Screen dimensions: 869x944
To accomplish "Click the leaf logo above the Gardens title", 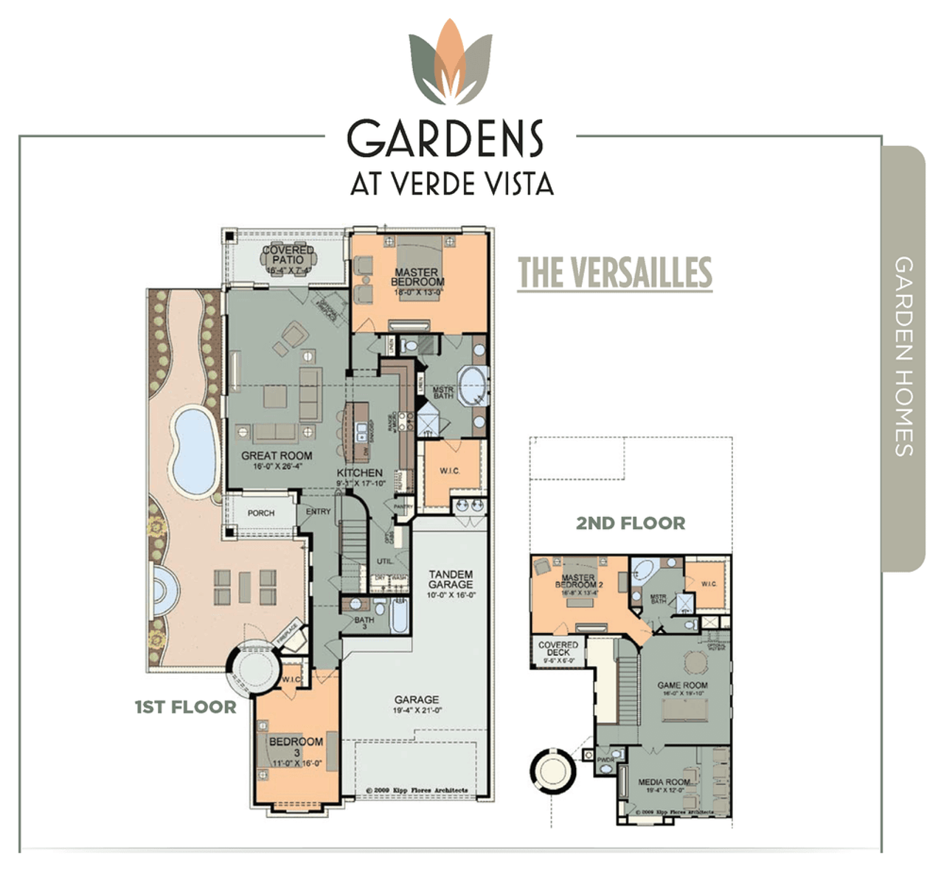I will point(450,63).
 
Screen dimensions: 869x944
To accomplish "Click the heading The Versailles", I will point(614,273).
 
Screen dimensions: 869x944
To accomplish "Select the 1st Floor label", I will point(185,707).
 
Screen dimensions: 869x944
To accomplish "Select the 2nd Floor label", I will point(631,524).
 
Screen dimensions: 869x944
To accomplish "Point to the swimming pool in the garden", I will point(193,449).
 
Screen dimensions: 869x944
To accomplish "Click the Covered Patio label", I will point(288,255).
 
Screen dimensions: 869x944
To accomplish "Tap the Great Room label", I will point(277,456).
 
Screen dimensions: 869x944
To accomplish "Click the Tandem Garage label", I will point(451,579).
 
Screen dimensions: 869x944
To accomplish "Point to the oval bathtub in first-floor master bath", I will point(472,384).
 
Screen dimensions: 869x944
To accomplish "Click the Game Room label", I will point(682,685).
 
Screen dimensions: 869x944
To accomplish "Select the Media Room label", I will point(664,782).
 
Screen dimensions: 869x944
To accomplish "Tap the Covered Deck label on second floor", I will point(558,648).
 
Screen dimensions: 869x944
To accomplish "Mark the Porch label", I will point(261,513).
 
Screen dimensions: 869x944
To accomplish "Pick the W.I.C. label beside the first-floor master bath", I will point(450,471).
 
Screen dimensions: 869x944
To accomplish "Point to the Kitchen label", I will point(360,473).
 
